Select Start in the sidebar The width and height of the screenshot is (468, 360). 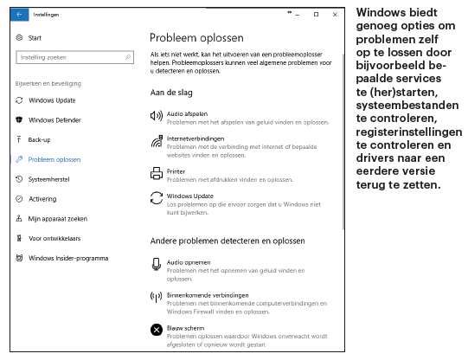pyautogui.click(x=35, y=38)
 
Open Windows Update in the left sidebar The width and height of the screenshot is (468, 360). pyautogui.click(x=52, y=100)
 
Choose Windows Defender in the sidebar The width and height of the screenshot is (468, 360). pyautogui.click(x=54, y=120)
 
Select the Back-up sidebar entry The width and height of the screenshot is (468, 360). pyautogui.click(x=40, y=139)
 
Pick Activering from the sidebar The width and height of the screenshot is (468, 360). pyautogui.click(x=42, y=198)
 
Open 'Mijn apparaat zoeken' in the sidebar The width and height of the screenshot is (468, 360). pyautogui.click(x=58, y=218)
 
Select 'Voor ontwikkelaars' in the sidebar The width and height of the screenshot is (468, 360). pyautogui.click(x=54, y=238)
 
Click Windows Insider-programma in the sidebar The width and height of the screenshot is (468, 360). pyautogui.click(x=68, y=258)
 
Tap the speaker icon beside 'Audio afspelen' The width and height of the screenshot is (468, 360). pyautogui.click(x=157, y=116)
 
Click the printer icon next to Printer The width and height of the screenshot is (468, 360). pyautogui.click(x=157, y=172)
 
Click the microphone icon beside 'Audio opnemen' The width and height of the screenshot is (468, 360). pyautogui.click(x=157, y=264)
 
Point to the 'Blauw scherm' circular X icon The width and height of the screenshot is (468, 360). pyautogui.click(x=157, y=330)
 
